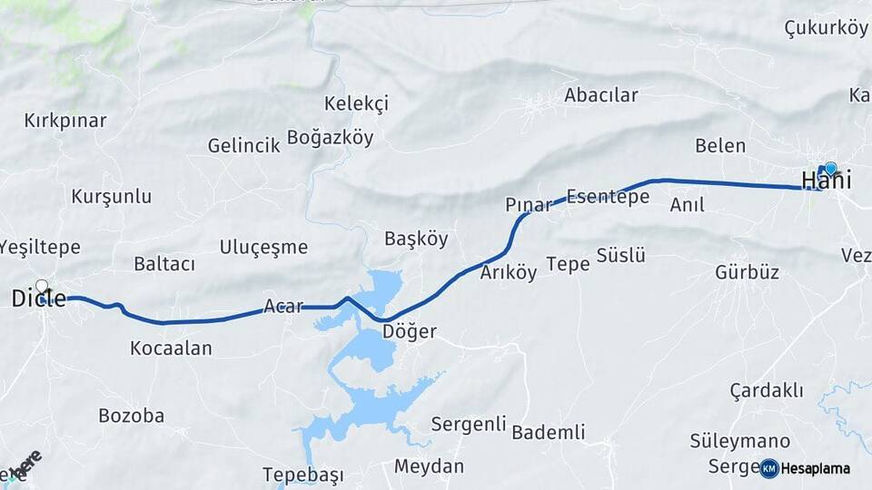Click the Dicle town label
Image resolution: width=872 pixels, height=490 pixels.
click(39, 299)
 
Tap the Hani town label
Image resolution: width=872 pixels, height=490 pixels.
click(826, 180)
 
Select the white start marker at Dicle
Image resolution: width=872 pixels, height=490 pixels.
click(41, 286)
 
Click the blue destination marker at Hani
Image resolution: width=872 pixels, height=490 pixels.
click(830, 168)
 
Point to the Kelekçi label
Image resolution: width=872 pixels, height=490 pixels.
click(356, 103)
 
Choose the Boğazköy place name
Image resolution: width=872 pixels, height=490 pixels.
click(330, 138)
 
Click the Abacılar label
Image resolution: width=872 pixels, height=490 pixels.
click(601, 95)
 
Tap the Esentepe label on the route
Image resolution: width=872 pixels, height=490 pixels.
click(608, 196)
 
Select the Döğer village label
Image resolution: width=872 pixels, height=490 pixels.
click(410, 332)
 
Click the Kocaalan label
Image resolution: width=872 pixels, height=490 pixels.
click(171, 348)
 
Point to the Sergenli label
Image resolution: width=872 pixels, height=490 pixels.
click(468, 424)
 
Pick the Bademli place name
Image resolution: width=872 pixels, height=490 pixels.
click(549, 432)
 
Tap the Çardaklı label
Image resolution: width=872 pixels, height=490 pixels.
click(767, 390)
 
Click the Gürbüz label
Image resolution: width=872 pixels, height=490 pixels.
click(747, 272)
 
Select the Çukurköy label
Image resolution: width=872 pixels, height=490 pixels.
click(826, 28)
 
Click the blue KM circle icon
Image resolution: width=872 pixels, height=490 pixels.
click(769, 468)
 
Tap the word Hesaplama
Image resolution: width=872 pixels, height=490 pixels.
click(816, 469)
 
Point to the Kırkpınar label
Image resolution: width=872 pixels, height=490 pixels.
click(65, 121)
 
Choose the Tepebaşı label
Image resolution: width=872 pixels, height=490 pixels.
click(303, 475)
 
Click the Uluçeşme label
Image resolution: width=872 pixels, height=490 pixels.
click(263, 248)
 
